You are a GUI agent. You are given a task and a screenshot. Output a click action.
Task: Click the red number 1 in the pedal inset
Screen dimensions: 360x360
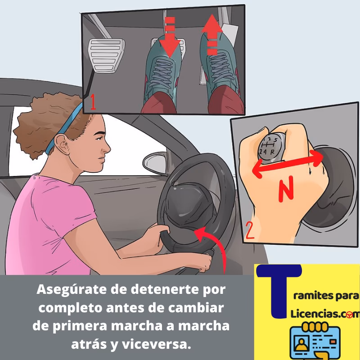tap(92, 102)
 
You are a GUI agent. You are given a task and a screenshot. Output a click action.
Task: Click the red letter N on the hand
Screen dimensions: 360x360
tap(285, 190)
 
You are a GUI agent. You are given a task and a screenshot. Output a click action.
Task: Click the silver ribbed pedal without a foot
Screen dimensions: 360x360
tap(107, 54)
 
